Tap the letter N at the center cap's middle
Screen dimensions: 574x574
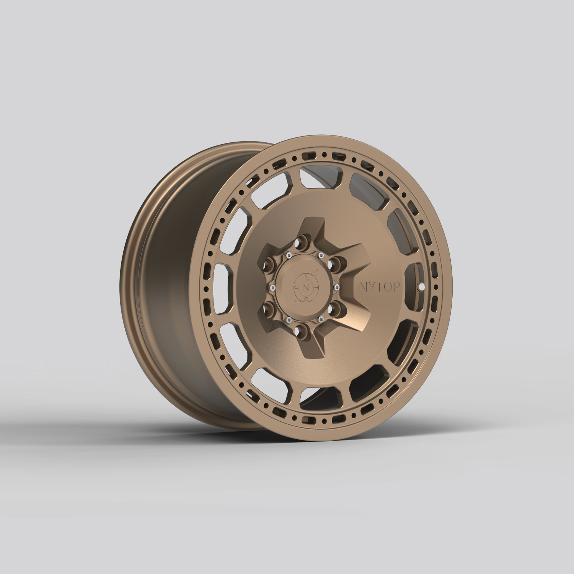tap(305, 287)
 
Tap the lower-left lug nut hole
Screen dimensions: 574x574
tap(270, 308)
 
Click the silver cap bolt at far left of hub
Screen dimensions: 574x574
tap(272, 287)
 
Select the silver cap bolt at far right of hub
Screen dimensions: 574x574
tap(337, 286)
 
